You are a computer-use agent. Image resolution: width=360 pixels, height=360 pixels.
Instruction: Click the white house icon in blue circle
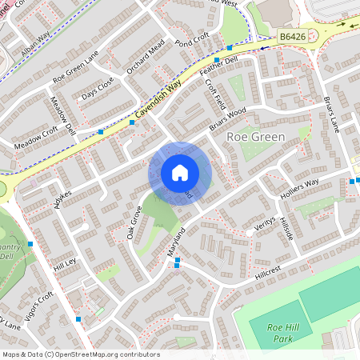coord(180,172)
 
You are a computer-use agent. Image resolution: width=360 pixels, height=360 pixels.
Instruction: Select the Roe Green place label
coord(256,137)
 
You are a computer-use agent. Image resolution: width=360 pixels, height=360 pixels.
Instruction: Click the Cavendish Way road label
coord(158,100)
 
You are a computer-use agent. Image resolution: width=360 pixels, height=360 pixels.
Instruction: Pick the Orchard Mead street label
coord(146,57)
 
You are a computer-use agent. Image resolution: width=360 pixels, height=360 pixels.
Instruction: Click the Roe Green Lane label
coord(75,68)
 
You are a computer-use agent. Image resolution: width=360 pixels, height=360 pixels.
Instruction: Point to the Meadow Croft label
coord(36,137)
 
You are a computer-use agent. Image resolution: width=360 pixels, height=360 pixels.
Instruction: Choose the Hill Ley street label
coord(63,263)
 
